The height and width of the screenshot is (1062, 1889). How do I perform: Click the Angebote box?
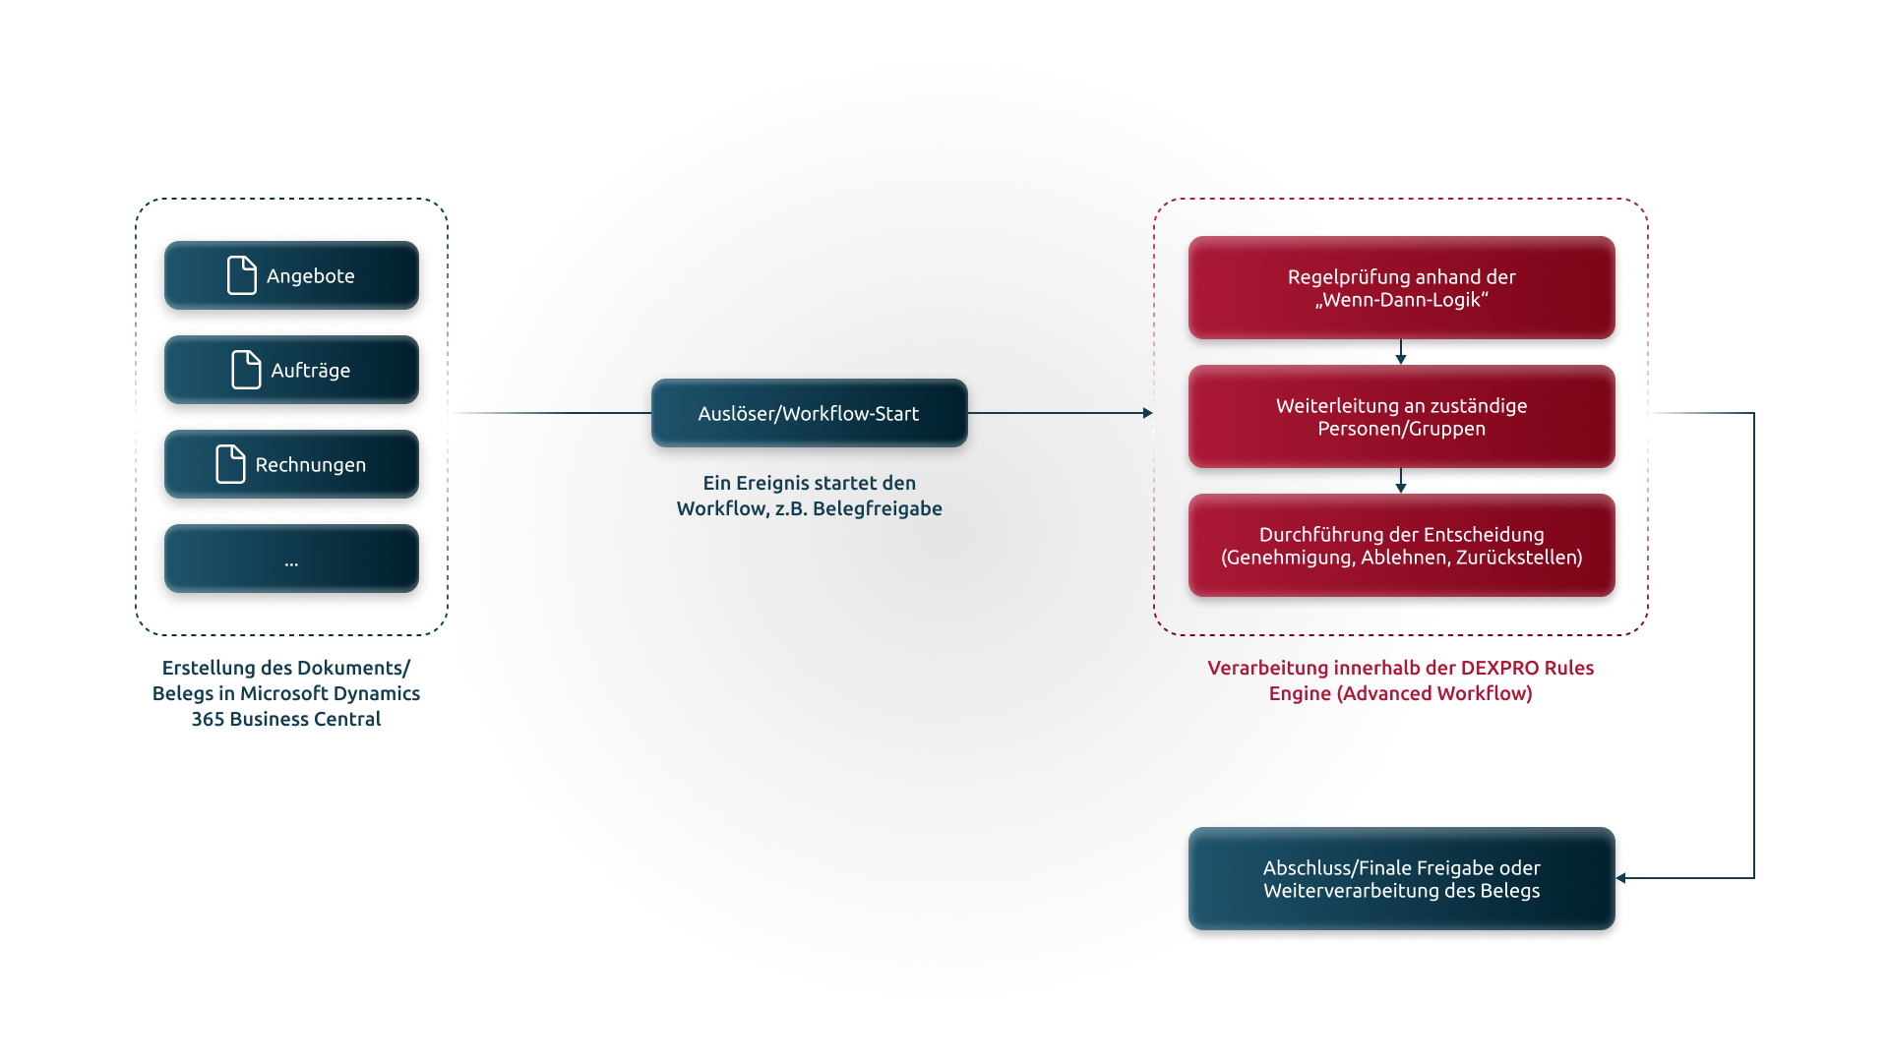[x=291, y=275]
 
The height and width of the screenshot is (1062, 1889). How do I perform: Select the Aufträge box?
[x=291, y=370]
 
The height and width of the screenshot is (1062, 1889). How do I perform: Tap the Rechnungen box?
[x=291, y=464]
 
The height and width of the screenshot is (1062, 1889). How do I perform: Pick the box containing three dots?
[x=291, y=559]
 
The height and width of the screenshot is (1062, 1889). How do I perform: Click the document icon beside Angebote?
[x=242, y=275]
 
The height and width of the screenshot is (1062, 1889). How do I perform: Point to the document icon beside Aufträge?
[x=246, y=370]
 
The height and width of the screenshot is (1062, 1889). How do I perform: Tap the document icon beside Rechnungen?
[x=230, y=464]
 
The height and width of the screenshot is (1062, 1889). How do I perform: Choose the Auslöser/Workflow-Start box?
[x=809, y=413]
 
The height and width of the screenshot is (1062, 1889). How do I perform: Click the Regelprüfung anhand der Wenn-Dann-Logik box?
[x=1401, y=288]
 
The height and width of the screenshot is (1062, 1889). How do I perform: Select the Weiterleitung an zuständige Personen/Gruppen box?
[x=1401, y=417]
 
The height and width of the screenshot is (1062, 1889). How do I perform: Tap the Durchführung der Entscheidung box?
[x=1401, y=546]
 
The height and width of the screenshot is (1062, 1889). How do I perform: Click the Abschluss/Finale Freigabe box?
[x=1401, y=879]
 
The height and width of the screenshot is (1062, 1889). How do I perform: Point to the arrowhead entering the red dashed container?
[x=1148, y=413]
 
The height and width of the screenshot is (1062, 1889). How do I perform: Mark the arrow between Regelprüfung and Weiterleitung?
[x=1401, y=352]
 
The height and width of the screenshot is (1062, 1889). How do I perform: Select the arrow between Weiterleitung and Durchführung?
[x=1401, y=481]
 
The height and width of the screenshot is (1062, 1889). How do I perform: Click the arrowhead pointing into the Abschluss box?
[x=1621, y=878]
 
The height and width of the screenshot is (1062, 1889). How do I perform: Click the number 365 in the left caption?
[x=209, y=719]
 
